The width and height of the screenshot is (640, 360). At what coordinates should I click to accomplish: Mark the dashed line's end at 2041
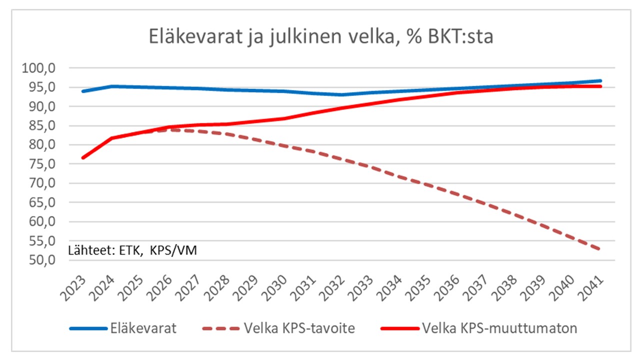(x=600, y=249)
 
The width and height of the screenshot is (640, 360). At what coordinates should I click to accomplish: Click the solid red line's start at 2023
(x=83, y=157)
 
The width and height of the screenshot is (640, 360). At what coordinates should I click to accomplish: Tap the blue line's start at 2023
(x=83, y=91)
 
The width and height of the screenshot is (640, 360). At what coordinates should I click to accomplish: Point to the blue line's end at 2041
(x=600, y=80)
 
